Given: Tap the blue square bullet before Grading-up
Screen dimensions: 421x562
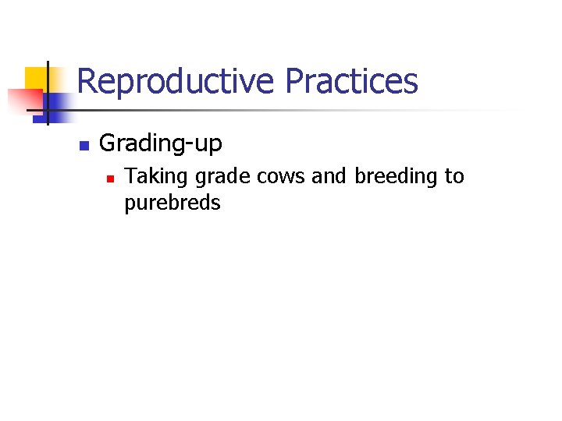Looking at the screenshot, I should [x=84, y=145].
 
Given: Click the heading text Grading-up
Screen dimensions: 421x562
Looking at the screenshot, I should [x=161, y=144].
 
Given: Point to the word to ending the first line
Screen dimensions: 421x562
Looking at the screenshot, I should [x=454, y=177].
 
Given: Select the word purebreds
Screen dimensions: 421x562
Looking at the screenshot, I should [x=173, y=203].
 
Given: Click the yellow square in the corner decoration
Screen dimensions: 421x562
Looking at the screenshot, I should [x=36, y=78].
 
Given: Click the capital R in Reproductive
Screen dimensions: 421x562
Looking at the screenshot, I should [x=87, y=81].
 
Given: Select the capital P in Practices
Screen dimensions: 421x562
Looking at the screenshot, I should [x=294, y=81].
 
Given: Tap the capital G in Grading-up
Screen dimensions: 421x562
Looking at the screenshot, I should [x=108, y=143].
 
